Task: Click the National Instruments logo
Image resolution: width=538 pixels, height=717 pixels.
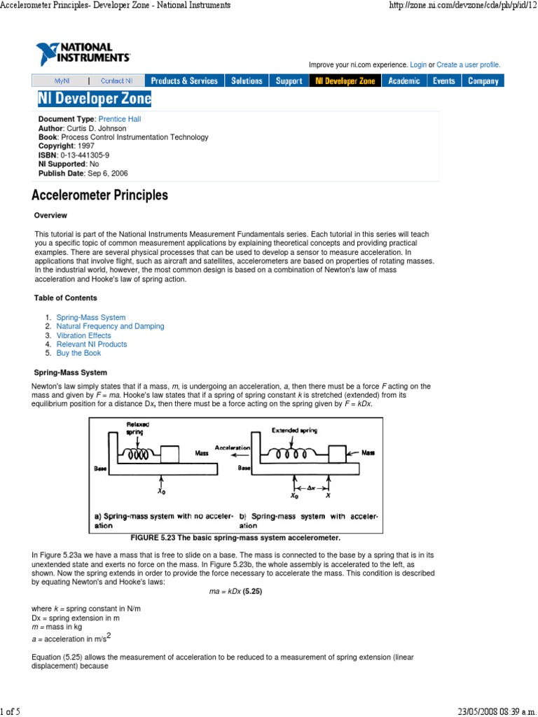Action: click(82, 54)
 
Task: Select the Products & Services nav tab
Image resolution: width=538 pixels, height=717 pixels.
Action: click(184, 81)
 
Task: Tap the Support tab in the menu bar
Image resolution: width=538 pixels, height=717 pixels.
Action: click(289, 81)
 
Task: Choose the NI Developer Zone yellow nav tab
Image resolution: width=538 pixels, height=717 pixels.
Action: click(345, 81)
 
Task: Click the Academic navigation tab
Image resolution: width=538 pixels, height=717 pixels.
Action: click(404, 81)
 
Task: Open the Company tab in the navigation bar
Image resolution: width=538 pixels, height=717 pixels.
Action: click(483, 81)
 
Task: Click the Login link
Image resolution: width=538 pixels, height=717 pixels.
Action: click(418, 65)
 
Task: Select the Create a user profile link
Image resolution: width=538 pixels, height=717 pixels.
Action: click(468, 65)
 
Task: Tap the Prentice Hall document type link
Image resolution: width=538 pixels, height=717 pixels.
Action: click(120, 119)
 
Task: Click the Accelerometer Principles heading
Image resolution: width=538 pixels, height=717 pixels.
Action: click(100, 195)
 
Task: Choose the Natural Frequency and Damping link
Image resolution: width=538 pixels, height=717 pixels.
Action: click(110, 326)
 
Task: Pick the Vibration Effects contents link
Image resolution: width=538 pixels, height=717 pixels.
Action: click(83, 335)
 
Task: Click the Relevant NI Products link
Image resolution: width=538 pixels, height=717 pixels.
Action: click(92, 344)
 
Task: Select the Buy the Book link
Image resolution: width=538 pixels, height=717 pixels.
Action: click(78, 354)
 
